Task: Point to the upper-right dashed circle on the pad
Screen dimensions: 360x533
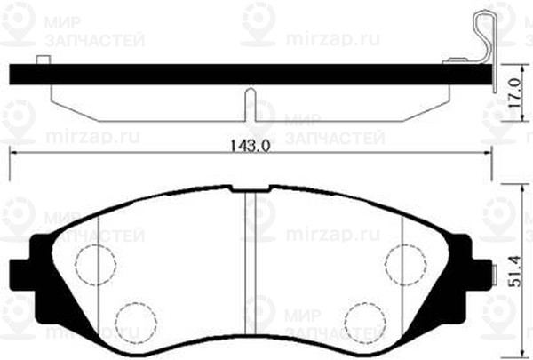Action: pos(407,263)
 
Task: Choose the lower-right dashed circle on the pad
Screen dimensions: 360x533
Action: pos(365,321)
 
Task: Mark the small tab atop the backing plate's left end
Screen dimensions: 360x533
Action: pos(43,60)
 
